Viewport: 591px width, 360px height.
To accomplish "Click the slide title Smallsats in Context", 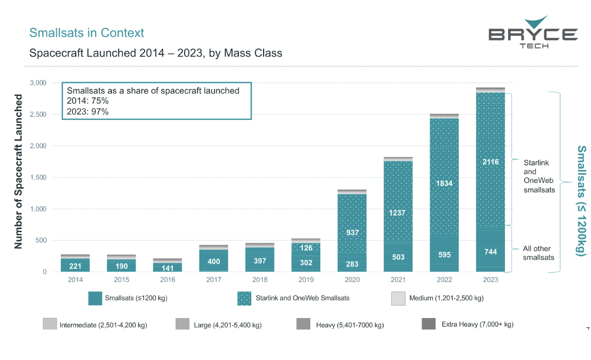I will [x=87, y=33].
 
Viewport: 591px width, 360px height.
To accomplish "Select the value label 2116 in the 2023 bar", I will [x=490, y=162].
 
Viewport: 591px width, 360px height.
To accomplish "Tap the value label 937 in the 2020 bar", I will [x=352, y=232].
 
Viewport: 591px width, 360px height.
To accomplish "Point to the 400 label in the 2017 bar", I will [x=214, y=261].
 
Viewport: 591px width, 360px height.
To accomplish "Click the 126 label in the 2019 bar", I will [x=306, y=248].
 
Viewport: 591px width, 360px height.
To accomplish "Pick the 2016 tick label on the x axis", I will [x=167, y=280].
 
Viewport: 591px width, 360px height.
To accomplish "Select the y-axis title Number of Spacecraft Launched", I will [x=19, y=171].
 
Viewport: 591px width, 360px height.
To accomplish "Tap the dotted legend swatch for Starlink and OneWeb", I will [x=244, y=298].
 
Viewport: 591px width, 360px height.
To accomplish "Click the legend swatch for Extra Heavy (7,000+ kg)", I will [x=429, y=324].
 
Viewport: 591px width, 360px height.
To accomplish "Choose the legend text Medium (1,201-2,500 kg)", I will [x=446, y=298].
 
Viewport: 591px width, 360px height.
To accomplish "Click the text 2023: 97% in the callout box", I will [x=88, y=111].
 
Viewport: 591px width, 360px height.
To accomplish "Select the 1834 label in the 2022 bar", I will [x=444, y=183].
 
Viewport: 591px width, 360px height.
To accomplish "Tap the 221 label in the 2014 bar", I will [x=75, y=266].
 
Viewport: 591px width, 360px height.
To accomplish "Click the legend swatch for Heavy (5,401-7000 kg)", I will [x=303, y=324].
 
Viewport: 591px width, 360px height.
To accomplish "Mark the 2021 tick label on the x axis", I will [x=398, y=280].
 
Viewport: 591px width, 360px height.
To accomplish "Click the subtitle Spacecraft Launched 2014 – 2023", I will [x=156, y=53].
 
